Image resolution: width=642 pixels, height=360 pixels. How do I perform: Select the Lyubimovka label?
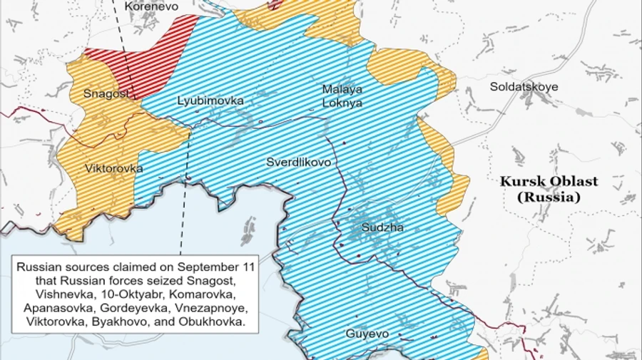click(210, 101)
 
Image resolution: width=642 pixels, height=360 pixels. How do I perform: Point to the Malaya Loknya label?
click(342, 96)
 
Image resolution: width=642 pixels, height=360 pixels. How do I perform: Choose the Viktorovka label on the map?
click(113, 169)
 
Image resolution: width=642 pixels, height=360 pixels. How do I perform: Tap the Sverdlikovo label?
click(299, 163)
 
